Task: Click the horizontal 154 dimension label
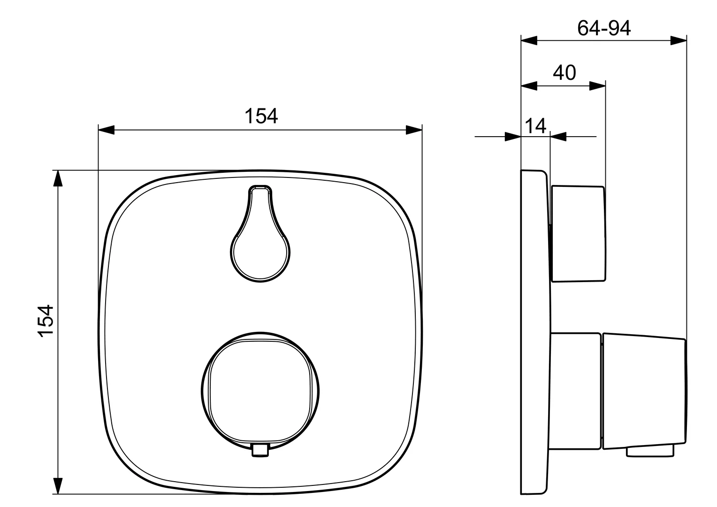point(261,116)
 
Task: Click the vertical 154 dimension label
point(46,321)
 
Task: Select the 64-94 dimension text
point(604,29)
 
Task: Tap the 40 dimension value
point(564,73)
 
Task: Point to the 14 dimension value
point(535,126)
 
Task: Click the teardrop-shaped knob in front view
point(261,244)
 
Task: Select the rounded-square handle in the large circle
point(261,392)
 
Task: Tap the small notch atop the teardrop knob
point(260,189)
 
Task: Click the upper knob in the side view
point(578,234)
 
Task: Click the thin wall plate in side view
point(534,333)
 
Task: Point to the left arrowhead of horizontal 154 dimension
point(106,130)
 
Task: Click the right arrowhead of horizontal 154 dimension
point(414,130)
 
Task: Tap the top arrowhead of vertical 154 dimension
point(57,179)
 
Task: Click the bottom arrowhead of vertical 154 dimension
point(57,485)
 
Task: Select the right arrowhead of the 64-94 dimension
point(679,41)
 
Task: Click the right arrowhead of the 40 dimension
point(597,85)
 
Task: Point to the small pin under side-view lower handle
point(650,452)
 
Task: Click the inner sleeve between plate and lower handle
point(576,391)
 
